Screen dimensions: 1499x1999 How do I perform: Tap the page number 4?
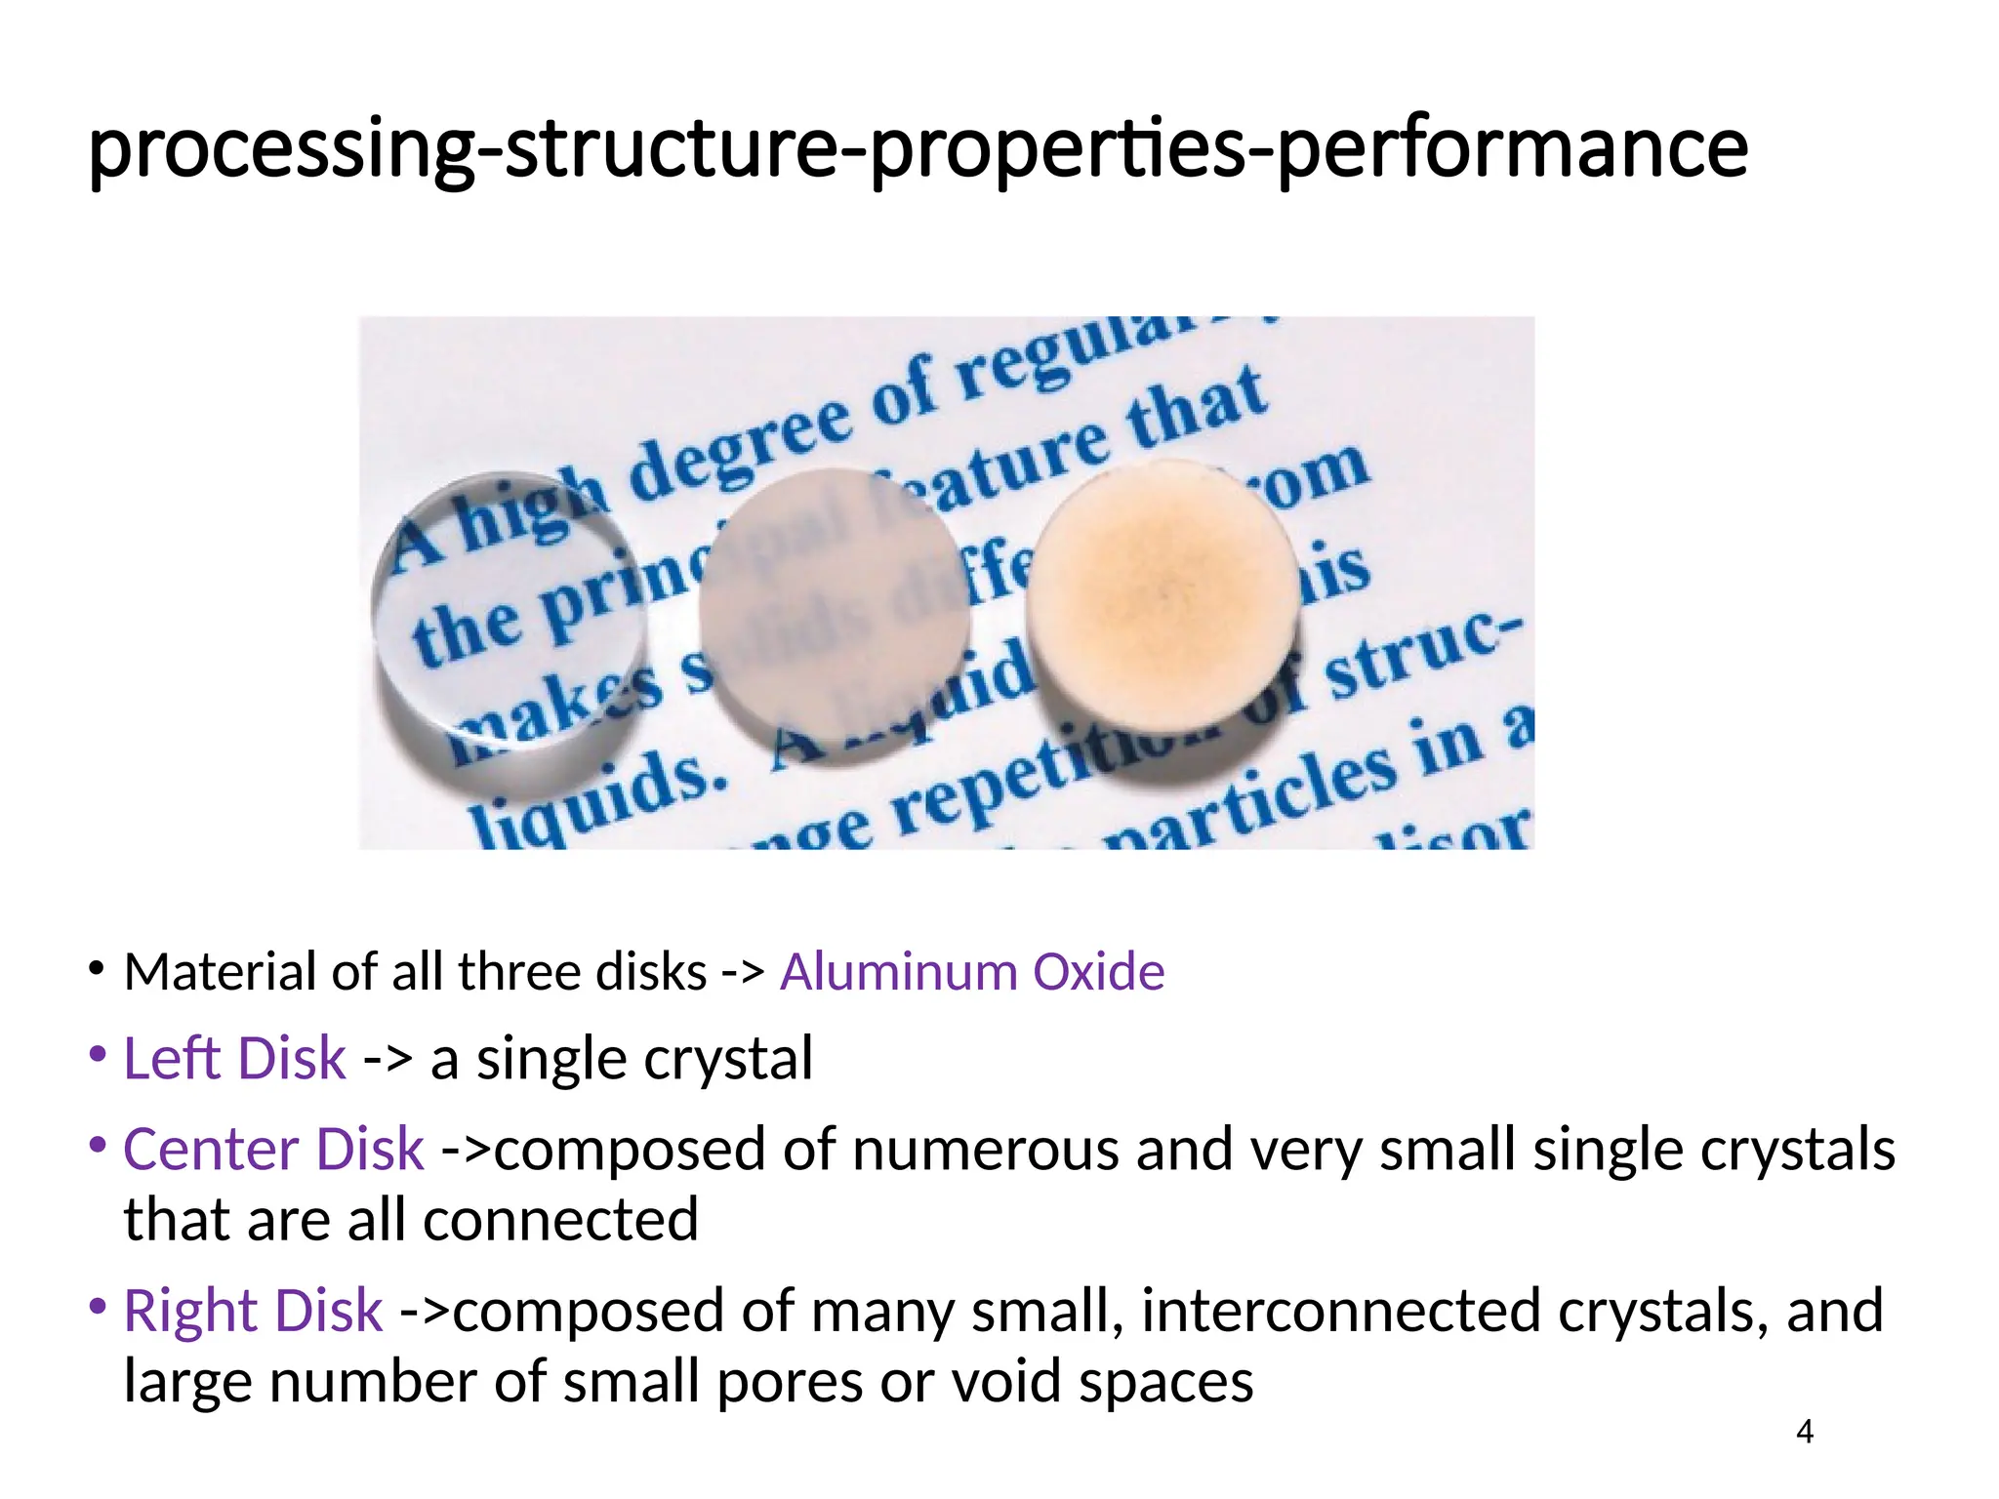pos(1805,1432)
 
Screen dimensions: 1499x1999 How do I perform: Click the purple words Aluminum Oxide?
pos(971,972)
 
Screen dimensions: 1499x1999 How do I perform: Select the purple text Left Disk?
pos(234,1058)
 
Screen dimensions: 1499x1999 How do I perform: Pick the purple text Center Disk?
pos(273,1149)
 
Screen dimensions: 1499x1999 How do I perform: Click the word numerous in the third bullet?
pos(985,1149)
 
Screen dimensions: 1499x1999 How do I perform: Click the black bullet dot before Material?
pos(96,969)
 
